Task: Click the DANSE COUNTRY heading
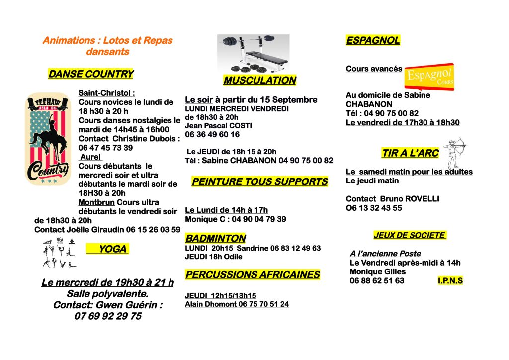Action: click(x=91, y=74)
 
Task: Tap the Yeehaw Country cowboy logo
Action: click(x=48, y=139)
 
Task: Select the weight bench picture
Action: click(x=253, y=53)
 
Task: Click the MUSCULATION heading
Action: click(x=259, y=80)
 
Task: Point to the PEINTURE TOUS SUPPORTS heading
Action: click(x=259, y=182)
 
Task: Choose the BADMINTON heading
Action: click(x=215, y=238)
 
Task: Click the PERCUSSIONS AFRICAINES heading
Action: click(x=253, y=275)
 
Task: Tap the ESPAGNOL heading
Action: click(x=373, y=41)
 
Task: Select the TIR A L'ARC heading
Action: click(x=410, y=153)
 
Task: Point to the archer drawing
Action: click(x=455, y=152)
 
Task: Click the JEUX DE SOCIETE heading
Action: click(x=410, y=235)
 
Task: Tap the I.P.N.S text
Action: click(x=450, y=281)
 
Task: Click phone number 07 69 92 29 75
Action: click(x=108, y=316)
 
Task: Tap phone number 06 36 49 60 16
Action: click(x=212, y=134)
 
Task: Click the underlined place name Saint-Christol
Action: click(x=106, y=93)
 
